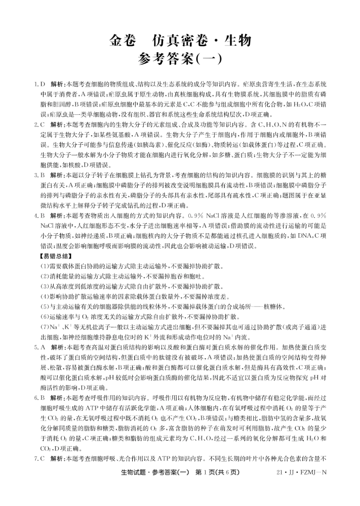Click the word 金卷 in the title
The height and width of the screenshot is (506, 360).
123,40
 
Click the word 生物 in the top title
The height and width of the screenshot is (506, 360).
233,40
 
